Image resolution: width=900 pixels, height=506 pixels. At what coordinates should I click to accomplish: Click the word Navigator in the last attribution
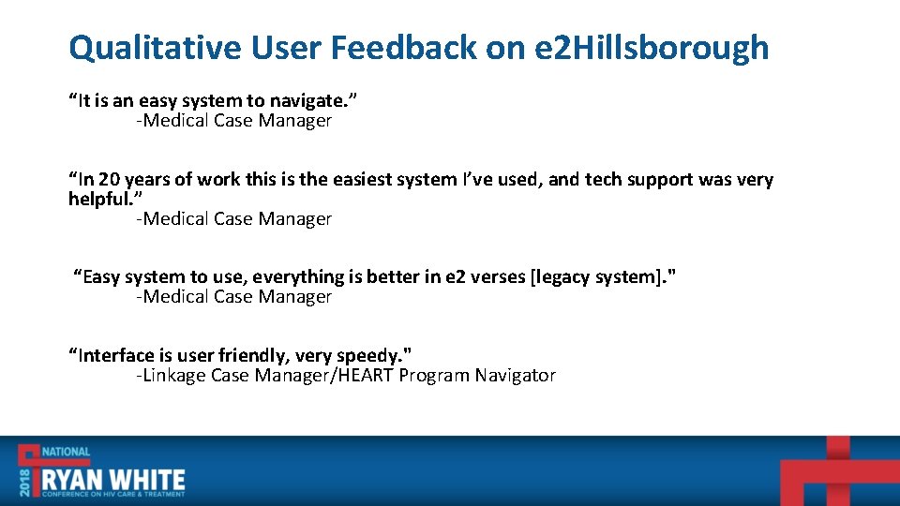pos(515,376)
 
